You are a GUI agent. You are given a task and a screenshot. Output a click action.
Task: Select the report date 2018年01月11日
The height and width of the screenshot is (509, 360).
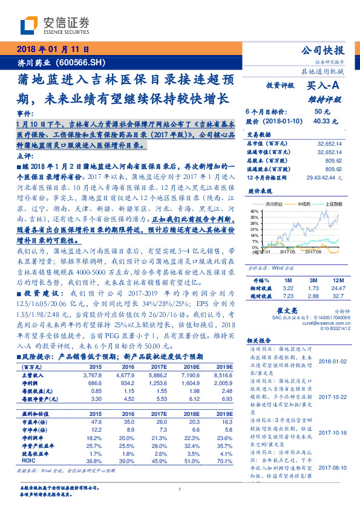pyautogui.click(x=53, y=49)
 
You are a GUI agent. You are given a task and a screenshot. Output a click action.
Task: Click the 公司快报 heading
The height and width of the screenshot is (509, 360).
pyautogui.click(x=322, y=50)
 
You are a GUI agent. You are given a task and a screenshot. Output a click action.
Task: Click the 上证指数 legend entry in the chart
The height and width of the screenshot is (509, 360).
pyautogui.click(x=332, y=204)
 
